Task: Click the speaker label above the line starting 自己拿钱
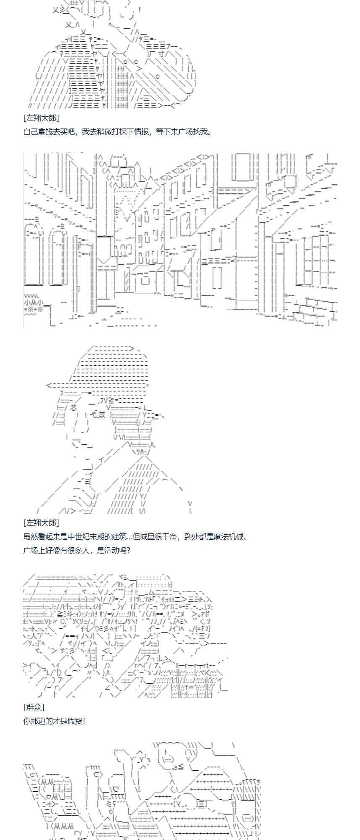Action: pyautogui.click(x=41, y=118)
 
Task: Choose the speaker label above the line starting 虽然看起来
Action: pyautogui.click(x=41, y=522)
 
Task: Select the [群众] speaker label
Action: pyautogui.click(x=34, y=707)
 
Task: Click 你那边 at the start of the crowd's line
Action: pyautogui.click(x=34, y=721)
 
